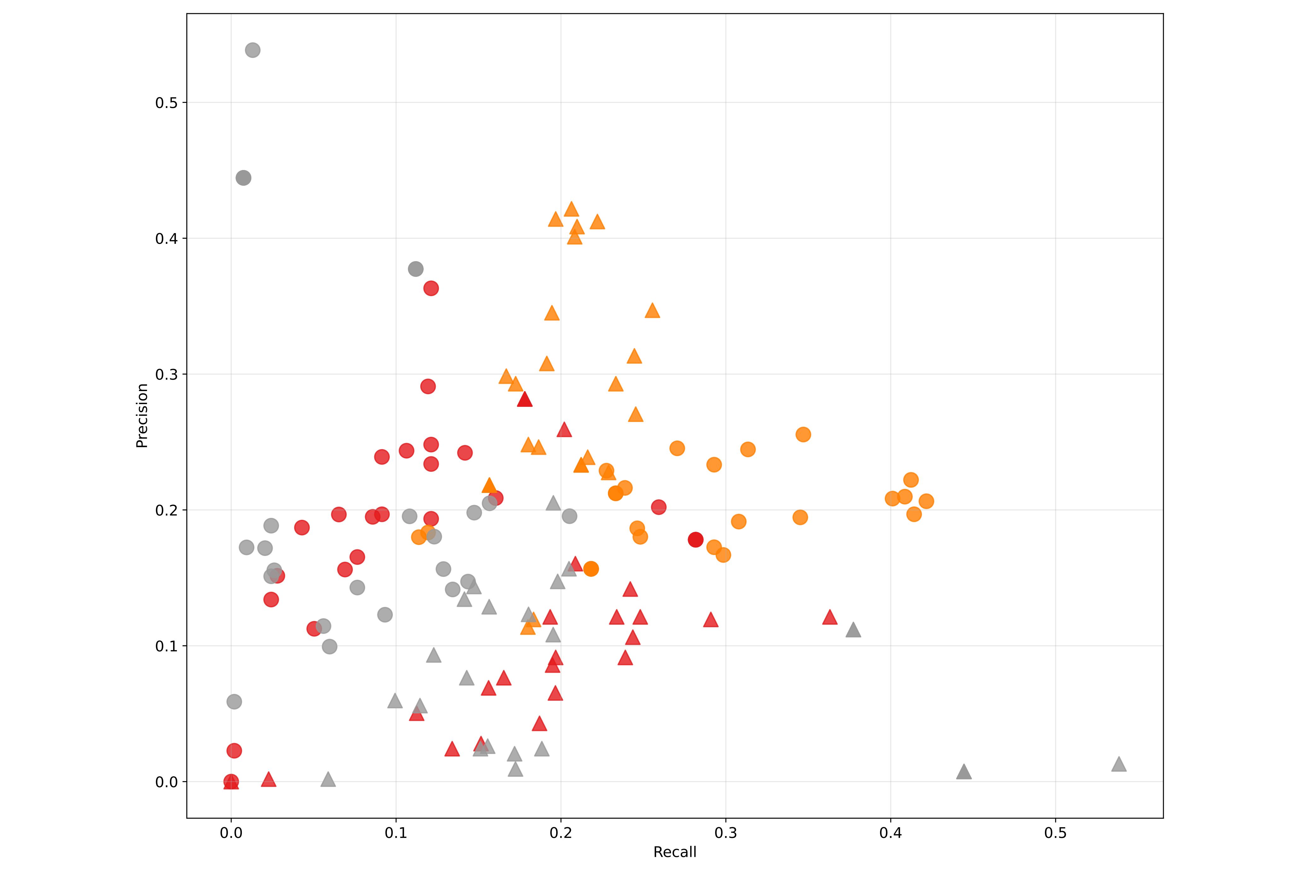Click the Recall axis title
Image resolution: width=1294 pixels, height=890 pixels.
pos(675,852)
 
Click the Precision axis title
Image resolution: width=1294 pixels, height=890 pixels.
pos(142,415)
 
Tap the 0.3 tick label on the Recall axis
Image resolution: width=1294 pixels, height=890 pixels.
pos(725,833)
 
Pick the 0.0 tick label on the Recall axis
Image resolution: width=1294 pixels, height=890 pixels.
pos(231,833)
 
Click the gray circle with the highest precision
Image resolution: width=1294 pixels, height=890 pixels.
pos(253,50)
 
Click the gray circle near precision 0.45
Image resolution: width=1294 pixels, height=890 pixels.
pos(244,178)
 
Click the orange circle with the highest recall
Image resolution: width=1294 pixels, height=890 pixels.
pos(926,501)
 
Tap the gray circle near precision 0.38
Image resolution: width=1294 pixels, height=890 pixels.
pos(415,269)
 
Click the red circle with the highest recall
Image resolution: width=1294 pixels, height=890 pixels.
pos(695,539)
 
